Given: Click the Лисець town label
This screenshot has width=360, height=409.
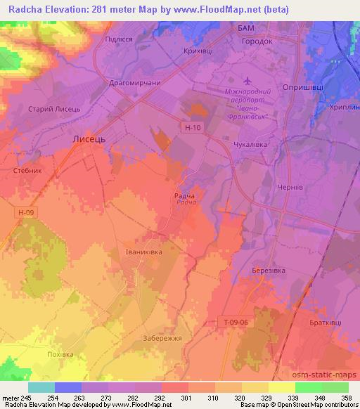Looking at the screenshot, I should click(89, 140).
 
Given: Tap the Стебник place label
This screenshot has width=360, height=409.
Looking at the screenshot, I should click(28, 170).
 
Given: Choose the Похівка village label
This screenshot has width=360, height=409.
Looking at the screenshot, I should click(60, 354).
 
